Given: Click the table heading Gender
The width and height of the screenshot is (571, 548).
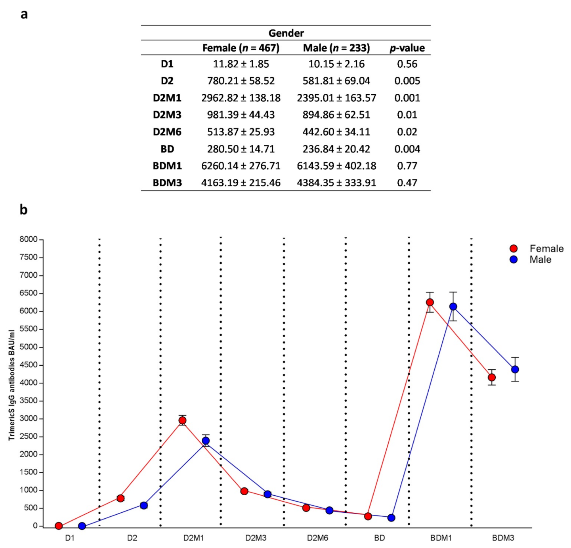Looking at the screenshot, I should (286, 33).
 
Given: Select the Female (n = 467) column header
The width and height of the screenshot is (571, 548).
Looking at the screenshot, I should (241, 48).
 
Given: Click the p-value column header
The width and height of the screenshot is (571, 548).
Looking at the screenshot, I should (407, 48).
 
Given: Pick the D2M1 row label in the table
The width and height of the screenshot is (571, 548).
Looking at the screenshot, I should (167, 98).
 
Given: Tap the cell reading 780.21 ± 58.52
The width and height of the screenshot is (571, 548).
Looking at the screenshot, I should (241, 81).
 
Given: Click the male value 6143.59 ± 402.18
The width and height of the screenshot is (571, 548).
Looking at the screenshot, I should (336, 166).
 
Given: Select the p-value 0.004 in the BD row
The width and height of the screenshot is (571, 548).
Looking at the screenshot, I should (407, 149).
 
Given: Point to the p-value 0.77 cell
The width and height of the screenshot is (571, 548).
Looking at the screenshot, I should (407, 166).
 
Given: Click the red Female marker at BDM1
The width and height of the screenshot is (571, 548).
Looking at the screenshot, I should (430, 302).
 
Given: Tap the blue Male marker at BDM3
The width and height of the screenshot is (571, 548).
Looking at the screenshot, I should (515, 369).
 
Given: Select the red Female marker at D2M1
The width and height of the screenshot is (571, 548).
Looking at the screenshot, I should (182, 420).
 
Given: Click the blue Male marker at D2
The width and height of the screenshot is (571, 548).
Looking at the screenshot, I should (144, 505).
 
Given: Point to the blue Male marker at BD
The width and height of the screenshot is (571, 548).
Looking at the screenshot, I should (391, 517).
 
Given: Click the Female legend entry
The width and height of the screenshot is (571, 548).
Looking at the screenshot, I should (546, 248).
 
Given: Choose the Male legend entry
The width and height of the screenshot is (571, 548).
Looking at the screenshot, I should (540, 260).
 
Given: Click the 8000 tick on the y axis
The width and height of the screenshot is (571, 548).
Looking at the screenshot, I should (29, 239).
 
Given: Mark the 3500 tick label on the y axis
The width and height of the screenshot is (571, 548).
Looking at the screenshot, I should (29, 401).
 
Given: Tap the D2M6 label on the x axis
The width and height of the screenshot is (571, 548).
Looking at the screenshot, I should (317, 538).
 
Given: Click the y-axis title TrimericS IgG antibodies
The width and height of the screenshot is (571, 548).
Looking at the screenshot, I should (11, 385).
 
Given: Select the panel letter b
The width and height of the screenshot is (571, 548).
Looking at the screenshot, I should (23, 209).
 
